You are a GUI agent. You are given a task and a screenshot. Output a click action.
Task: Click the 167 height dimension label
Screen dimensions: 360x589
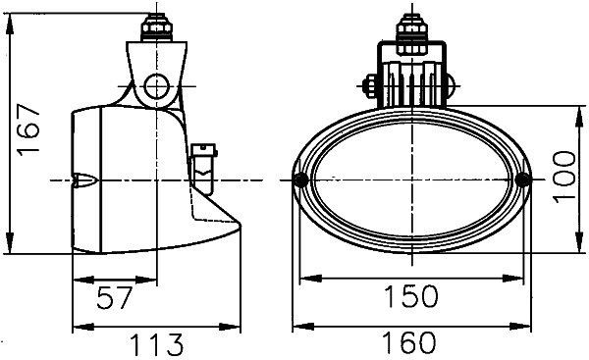point(28,130)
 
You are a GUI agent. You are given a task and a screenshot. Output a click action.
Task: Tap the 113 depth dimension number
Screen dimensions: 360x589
point(157,343)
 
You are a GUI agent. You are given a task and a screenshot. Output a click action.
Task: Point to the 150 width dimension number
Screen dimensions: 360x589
point(410,295)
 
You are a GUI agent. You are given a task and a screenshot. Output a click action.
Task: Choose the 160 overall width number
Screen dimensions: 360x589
point(410,343)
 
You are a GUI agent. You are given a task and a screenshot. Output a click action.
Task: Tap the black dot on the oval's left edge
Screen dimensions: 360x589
point(300,180)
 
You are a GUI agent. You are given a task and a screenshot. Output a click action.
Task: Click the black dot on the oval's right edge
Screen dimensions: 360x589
point(521,180)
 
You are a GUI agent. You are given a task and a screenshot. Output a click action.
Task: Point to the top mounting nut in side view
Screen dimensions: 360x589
point(156,24)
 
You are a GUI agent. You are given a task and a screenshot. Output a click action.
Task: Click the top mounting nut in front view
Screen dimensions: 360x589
point(410,26)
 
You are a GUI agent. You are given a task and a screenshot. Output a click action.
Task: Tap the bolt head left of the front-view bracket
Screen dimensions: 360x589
point(371,86)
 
